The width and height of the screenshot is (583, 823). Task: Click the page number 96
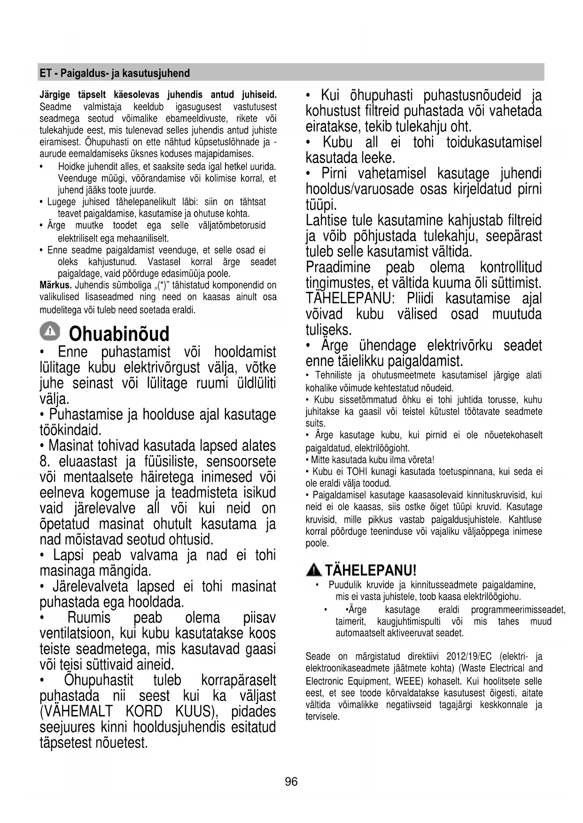(x=291, y=781)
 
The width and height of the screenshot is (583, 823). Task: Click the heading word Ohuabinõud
(x=119, y=334)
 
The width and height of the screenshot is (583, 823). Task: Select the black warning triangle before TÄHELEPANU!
(x=313, y=570)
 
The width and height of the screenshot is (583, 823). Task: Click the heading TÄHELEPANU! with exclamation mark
(x=371, y=571)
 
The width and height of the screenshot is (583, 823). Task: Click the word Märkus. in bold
(x=55, y=285)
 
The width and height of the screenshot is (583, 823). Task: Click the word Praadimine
(x=338, y=267)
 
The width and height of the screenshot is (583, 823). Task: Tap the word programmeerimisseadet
(x=518, y=610)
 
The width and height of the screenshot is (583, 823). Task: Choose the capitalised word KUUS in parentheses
(x=196, y=711)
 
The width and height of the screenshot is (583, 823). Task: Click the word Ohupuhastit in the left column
(x=99, y=680)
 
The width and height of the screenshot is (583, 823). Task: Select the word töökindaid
(x=70, y=430)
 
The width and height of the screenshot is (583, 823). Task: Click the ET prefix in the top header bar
(x=45, y=73)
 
